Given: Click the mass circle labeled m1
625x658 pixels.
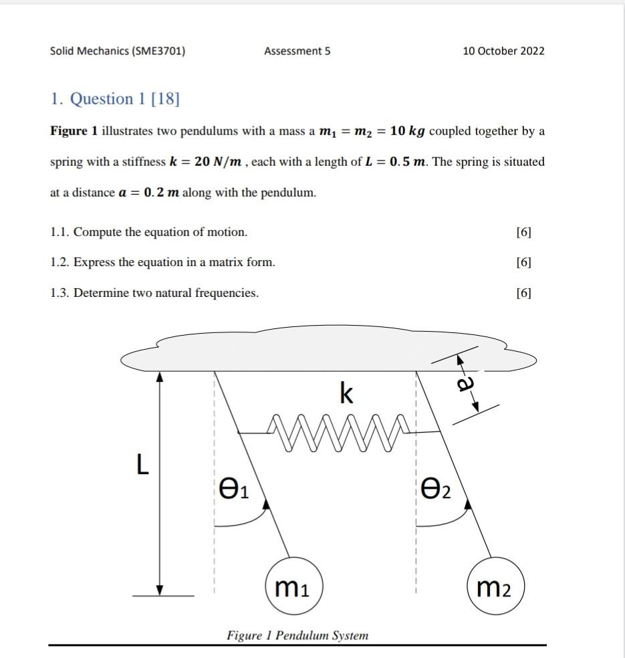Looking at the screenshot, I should tap(294, 586).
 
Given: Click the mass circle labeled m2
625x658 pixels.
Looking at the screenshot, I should tap(496, 588).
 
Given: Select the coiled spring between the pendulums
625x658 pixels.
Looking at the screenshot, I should tap(336, 432).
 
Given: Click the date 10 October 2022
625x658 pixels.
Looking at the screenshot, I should tap(503, 51).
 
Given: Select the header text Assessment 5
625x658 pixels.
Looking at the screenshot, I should tap(297, 51).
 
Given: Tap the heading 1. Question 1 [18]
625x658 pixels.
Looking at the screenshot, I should tap(115, 99).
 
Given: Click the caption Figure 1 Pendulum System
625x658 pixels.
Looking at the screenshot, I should tap(297, 635).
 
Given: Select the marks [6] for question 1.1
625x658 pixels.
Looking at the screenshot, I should tap(524, 232).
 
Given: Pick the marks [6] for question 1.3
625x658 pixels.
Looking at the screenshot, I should tap(524, 293).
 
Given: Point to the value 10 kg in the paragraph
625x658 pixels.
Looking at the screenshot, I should tap(408, 131).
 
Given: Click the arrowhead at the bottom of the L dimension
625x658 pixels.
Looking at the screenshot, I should tap(159, 588).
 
